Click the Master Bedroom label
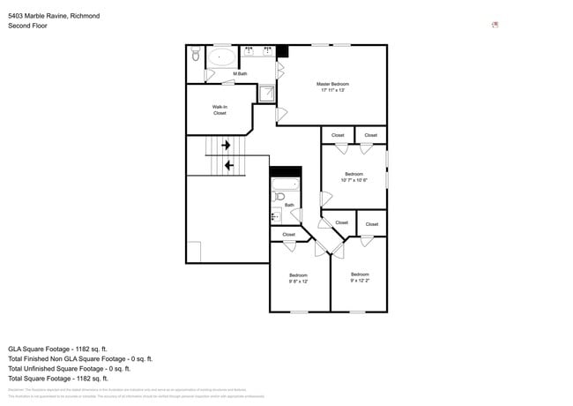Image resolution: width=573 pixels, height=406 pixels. tap(333, 84)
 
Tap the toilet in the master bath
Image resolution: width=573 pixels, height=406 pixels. tap(196, 55)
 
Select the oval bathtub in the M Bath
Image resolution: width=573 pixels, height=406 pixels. tap(222, 58)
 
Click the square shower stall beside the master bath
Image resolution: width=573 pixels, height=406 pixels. tap(267, 93)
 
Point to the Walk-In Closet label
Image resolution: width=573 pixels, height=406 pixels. tap(220, 110)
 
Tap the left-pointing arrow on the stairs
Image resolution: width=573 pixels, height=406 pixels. tap(229, 164)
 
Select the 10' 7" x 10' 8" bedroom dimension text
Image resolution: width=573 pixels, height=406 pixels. tap(353, 180)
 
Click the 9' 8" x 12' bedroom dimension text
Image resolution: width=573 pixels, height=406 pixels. tap(298, 282)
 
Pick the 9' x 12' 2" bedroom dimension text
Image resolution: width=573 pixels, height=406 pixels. tap(360, 281)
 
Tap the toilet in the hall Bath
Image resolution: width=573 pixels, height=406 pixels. tap(279, 196)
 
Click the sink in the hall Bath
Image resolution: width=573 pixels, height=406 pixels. tap(275, 214)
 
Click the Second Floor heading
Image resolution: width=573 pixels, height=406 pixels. tap(27, 26)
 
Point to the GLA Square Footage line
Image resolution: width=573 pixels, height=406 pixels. tap(57, 349)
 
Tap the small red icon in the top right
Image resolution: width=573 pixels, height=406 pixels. tap(495, 25)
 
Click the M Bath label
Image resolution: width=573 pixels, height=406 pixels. tap(240, 73)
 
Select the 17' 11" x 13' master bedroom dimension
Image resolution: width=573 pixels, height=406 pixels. tap(333, 90)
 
